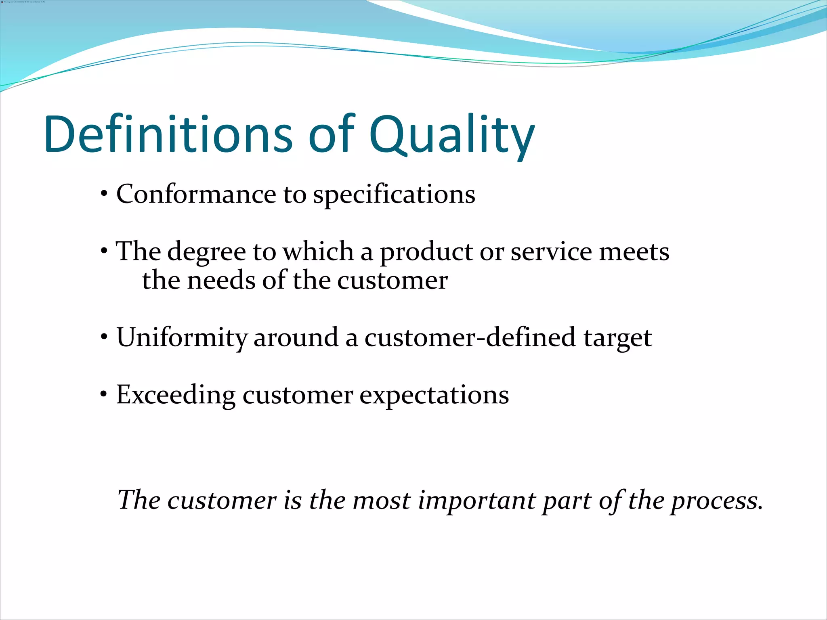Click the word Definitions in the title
[168, 134]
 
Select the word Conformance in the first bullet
[196, 194]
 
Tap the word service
[551, 251]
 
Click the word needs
[221, 280]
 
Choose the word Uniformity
[182, 338]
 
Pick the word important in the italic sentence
[476, 501]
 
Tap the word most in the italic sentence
[381, 501]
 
